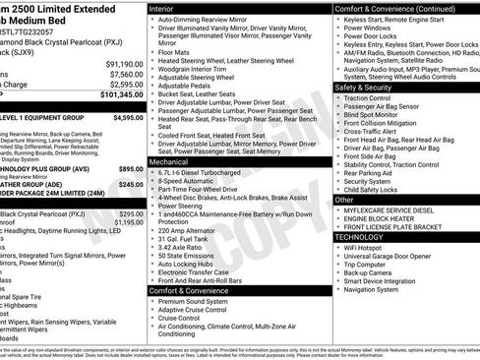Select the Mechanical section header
[x=172, y=160]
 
